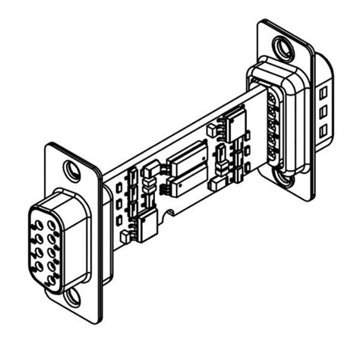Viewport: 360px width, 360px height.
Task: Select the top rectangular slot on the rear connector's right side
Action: click(x=323, y=92)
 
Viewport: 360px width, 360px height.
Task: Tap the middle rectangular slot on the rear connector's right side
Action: click(x=323, y=112)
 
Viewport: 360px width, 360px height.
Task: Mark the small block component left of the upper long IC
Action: click(x=152, y=167)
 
